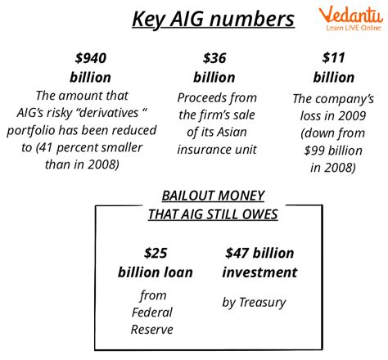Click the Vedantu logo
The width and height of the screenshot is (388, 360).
351,18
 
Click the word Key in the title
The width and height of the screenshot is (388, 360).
149,20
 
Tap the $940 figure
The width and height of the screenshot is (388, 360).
91,58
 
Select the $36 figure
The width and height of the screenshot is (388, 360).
214,58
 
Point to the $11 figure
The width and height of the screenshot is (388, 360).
333,57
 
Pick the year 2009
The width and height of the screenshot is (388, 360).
351,116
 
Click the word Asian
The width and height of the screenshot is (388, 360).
232,132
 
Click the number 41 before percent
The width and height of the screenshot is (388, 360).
47,147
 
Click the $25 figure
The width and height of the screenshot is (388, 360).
156,253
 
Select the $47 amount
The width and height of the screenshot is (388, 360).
237,253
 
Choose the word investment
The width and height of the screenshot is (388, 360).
259,272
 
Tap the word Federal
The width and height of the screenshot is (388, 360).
152,313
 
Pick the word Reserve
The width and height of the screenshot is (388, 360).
152,330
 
